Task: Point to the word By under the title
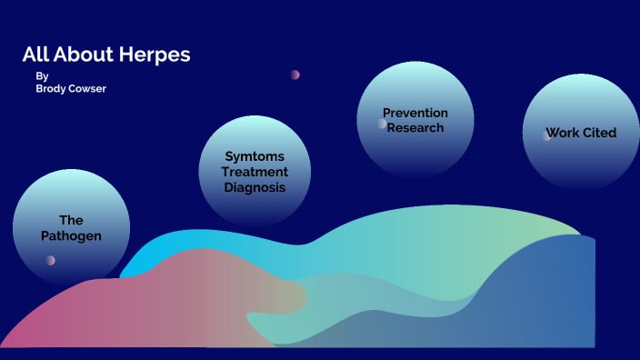(42, 76)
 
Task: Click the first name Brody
(52, 89)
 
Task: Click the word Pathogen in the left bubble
(71, 235)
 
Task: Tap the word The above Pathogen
(71, 220)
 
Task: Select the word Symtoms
(255, 156)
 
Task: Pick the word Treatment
(255, 172)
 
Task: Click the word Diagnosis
(255, 187)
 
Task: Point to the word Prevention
(415, 113)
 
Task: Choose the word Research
(415, 128)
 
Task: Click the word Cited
(600, 133)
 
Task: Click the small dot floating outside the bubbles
(295, 75)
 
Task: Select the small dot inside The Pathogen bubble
(51, 260)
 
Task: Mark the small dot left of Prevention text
(383, 124)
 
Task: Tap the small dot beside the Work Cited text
(546, 135)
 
